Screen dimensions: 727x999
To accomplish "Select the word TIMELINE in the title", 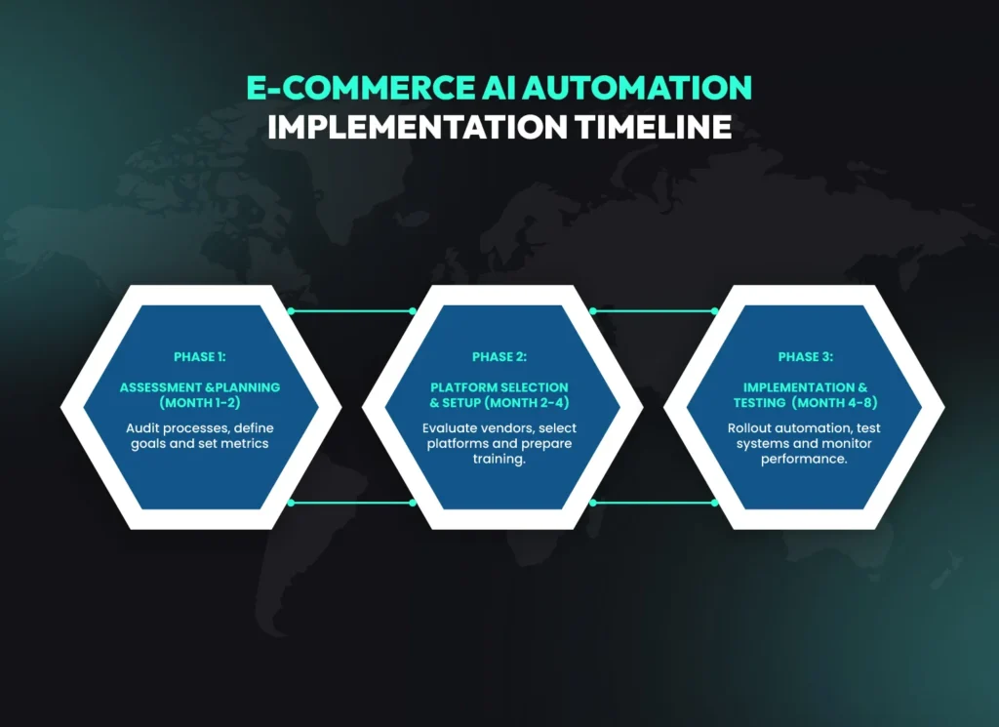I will click(653, 127).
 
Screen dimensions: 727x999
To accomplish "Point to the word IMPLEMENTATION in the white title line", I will click(416, 127).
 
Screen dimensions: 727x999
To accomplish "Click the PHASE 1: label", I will click(199, 357).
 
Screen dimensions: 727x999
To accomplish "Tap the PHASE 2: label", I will click(499, 357).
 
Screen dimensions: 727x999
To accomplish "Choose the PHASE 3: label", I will click(805, 357).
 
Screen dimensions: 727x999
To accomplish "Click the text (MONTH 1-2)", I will click(199, 401).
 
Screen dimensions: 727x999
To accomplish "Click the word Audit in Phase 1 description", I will click(142, 428).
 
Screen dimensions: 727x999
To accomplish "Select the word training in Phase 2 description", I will click(499, 459).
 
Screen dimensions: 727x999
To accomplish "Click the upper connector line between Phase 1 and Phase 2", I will click(351, 311).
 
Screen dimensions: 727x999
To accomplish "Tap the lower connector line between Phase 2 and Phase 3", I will click(653, 503).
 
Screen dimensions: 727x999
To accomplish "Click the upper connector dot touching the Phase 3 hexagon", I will click(714, 311).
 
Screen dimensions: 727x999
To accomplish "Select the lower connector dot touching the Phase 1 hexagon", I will click(291, 503).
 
